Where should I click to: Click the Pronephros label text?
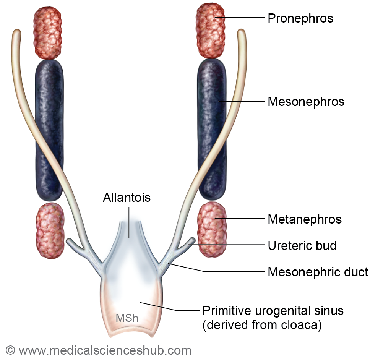tap(300, 18)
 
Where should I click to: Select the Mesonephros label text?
tap(306, 102)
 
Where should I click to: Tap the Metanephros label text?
tap(305, 219)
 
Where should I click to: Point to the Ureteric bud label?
tap(302, 245)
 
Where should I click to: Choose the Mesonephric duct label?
tap(318, 272)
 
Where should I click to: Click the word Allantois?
tap(127, 198)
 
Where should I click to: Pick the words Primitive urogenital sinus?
tap(273, 310)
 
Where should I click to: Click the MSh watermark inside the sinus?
tap(127, 318)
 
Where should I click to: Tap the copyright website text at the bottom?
tap(99, 350)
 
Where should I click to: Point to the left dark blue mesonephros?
tap(49, 130)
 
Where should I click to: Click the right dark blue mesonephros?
tap(211, 130)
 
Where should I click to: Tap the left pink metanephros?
tap(50, 230)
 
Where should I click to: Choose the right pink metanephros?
tap(211, 229)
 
